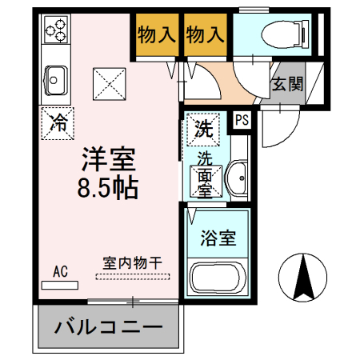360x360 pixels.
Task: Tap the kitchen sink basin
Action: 55,79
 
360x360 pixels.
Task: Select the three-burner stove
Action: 56,32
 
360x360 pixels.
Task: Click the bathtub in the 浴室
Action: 216,278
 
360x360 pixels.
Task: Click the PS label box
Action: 241,120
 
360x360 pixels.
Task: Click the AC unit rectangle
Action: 61,284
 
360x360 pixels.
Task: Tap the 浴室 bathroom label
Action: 218,238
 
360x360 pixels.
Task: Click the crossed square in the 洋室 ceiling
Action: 108,84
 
